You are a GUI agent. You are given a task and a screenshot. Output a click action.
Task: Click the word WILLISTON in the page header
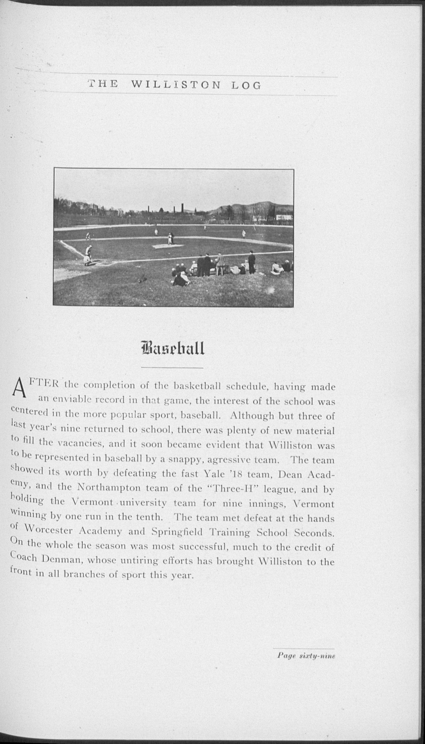point(176,85)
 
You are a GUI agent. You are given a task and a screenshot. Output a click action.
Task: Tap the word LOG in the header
point(246,86)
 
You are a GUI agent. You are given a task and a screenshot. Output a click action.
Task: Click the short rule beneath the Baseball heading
point(172,368)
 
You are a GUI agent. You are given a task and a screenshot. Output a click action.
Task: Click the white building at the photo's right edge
point(284,217)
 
